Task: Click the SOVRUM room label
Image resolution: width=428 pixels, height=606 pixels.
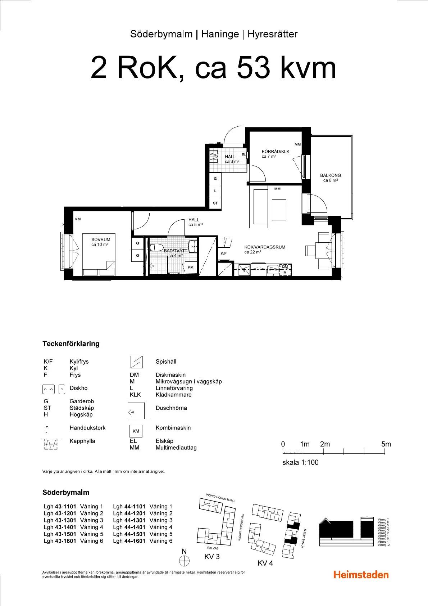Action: [x=101, y=240]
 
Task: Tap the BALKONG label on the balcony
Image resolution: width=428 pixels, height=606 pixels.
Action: [x=330, y=176]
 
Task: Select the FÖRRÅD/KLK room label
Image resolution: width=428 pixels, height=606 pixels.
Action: [x=275, y=152]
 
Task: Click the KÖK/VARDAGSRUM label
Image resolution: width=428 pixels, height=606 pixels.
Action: [x=264, y=247]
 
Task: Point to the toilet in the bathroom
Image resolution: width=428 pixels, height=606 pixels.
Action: [x=156, y=248]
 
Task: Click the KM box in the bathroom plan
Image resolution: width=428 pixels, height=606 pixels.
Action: [x=191, y=267]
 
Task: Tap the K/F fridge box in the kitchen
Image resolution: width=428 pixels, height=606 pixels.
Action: [x=224, y=253]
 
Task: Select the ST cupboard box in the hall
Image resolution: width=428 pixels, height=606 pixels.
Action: [x=215, y=203]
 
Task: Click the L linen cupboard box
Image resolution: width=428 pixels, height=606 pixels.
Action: [x=215, y=191]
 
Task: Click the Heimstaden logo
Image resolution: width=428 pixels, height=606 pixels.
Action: [x=361, y=575]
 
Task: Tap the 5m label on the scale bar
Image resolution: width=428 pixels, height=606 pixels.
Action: [x=386, y=444]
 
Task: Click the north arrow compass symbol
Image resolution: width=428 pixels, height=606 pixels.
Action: [x=184, y=561]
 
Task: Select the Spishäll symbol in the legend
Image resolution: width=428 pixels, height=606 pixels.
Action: [x=136, y=362]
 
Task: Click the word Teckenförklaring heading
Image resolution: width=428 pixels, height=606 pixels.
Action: [x=71, y=344]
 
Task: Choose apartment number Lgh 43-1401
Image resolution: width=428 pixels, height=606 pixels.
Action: [x=60, y=527]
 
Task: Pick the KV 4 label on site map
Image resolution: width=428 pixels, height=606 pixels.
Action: [x=265, y=563]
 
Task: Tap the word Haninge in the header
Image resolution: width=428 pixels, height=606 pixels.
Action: [x=220, y=34]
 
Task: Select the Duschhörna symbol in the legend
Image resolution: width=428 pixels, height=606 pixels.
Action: [x=136, y=410]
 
